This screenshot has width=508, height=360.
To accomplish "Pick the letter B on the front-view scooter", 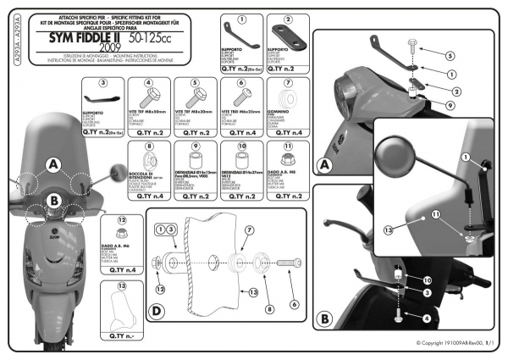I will (x=52, y=202).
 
